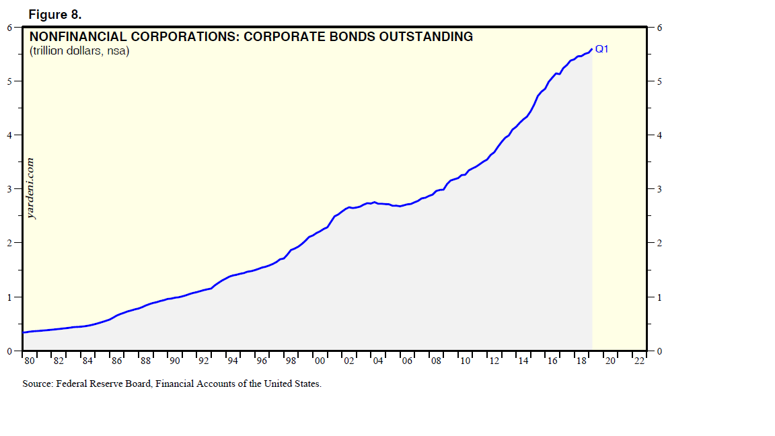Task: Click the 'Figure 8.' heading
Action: click(55, 15)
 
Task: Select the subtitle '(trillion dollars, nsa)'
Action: click(79, 50)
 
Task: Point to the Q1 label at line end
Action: click(601, 48)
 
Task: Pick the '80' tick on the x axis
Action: click(30, 361)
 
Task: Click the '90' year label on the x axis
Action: click(175, 361)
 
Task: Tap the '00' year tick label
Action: click(320, 361)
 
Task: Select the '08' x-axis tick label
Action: click(436, 361)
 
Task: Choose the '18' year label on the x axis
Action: click(581, 361)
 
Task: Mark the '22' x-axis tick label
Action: click(639, 361)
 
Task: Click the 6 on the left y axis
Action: click(9, 28)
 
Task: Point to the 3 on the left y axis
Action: click(9, 189)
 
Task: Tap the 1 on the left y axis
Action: click(9, 297)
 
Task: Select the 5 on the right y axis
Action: click(659, 81)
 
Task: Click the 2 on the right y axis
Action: click(659, 243)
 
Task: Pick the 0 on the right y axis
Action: click(659, 351)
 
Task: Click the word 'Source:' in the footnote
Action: click(37, 384)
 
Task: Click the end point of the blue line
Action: click(591, 48)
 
